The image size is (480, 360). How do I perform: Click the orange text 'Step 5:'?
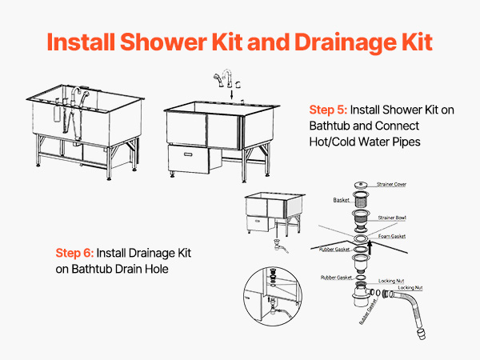[328, 110]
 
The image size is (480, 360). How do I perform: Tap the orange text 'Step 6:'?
[74, 253]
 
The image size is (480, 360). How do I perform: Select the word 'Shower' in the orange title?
[163, 42]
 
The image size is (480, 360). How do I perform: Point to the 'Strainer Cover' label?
[391, 184]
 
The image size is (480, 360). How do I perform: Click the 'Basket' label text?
[341, 200]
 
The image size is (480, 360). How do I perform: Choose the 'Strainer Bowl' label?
[392, 218]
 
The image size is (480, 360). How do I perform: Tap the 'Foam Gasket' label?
[392, 236]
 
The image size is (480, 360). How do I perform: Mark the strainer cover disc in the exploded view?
[361, 185]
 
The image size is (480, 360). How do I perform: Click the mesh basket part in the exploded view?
[361, 198]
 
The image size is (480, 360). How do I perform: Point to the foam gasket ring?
[361, 238]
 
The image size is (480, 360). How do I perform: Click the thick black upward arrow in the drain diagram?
[370, 247]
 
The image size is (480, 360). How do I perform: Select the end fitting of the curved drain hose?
[422, 334]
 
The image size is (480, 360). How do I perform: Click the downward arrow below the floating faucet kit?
[231, 94]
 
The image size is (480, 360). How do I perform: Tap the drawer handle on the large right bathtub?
[188, 154]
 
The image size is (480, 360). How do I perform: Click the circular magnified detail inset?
[273, 296]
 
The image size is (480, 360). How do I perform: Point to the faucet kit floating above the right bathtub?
[228, 78]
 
